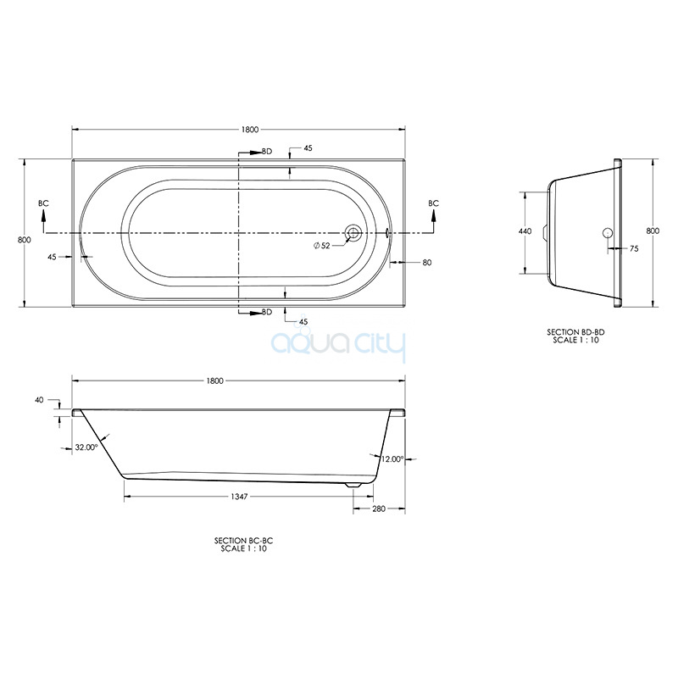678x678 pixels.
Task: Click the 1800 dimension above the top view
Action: (x=250, y=130)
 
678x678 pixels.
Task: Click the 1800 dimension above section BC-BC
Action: (x=215, y=381)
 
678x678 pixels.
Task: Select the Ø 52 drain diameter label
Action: (x=322, y=246)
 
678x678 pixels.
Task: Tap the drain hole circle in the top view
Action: (x=353, y=232)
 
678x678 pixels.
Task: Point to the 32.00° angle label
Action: (x=86, y=447)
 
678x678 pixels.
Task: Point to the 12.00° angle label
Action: (x=392, y=459)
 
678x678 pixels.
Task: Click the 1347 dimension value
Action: (x=239, y=497)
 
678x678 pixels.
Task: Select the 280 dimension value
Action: (x=379, y=509)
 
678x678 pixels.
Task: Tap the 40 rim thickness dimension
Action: (x=39, y=400)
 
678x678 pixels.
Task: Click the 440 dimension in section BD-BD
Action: (x=525, y=231)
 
